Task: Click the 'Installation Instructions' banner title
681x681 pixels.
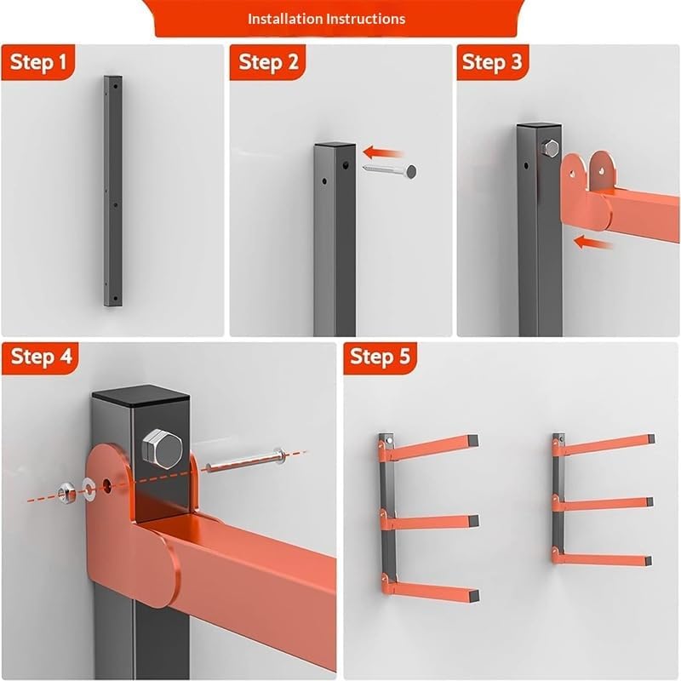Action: coord(326,19)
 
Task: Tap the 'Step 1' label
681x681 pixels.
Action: coord(38,61)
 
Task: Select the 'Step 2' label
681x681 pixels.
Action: coord(268,61)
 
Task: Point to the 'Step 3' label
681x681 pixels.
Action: coord(492,61)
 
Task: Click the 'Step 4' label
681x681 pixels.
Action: coord(41,356)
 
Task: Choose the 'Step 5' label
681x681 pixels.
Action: coord(380,356)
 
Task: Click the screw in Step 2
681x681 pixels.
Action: coord(390,170)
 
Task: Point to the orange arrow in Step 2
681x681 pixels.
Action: coord(383,153)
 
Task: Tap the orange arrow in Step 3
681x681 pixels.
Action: coord(592,243)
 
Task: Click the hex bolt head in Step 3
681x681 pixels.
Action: coord(551,148)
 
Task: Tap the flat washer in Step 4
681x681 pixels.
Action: coord(90,487)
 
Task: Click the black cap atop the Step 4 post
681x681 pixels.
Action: coord(140,395)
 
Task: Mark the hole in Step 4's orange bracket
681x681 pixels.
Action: coord(107,484)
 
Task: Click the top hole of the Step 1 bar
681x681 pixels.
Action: coord(116,87)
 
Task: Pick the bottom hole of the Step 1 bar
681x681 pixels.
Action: coord(115,299)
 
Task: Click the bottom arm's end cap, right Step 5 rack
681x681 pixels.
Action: coord(648,561)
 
